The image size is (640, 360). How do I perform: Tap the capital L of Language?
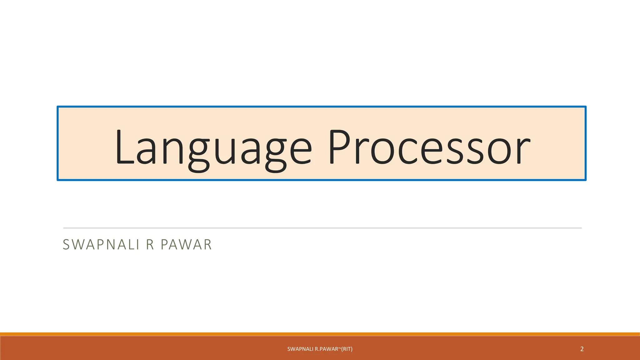124,147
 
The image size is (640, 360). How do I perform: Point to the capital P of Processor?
340,147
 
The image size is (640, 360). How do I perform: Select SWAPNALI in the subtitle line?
101,245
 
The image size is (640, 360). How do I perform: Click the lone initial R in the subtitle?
150,245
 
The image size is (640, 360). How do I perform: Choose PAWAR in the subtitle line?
186,245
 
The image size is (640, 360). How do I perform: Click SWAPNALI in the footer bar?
300,349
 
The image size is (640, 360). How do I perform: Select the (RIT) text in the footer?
347,349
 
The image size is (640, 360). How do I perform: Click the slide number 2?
582,349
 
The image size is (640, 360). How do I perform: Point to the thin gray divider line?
322,228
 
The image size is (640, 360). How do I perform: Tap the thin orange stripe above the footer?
320,334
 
